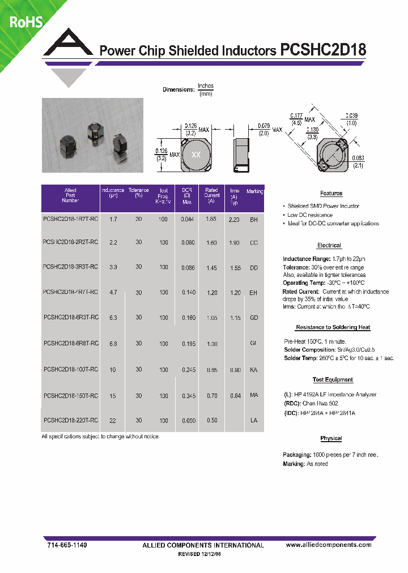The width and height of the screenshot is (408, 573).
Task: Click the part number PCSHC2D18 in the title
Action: tap(323, 50)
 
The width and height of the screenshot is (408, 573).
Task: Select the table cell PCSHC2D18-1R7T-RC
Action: tap(70, 219)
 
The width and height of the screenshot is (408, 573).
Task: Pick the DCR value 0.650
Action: tap(188, 421)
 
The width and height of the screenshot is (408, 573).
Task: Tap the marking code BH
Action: tap(254, 219)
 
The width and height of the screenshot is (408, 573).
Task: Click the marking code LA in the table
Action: tap(254, 421)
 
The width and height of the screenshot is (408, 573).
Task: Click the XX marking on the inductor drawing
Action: tap(196, 155)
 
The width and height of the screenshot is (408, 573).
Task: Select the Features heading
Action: tap(331, 194)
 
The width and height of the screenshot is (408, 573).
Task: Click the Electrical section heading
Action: tap(329, 246)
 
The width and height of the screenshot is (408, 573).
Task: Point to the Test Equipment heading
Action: tap(333, 380)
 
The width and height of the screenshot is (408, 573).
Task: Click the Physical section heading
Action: tap(331, 439)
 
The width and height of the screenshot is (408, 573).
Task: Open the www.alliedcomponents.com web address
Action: tap(329, 545)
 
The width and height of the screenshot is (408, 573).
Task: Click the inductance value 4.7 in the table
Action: tap(113, 293)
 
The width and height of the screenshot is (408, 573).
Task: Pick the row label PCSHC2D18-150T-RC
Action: tap(70, 396)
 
